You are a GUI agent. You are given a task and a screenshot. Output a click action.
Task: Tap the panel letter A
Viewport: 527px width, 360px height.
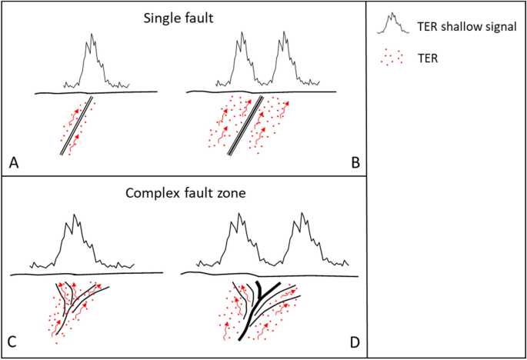pyautogui.click(x=14, y=162)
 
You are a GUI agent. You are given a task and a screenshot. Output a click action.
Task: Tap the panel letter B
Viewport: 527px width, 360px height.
pyautogui.click(x=355, y=162)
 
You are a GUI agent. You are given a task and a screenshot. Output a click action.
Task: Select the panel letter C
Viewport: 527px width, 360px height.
pyautogui.click(x=14, y=340)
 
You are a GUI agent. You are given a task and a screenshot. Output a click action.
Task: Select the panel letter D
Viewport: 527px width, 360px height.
pyautogui.click(x=355, y=340)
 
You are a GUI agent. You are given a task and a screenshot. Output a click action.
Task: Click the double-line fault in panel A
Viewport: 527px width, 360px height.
pyautogui.click(x=77, y=127)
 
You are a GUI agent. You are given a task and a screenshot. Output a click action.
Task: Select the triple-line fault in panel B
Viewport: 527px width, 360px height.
pyautogui.click(x=246, y=127)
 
